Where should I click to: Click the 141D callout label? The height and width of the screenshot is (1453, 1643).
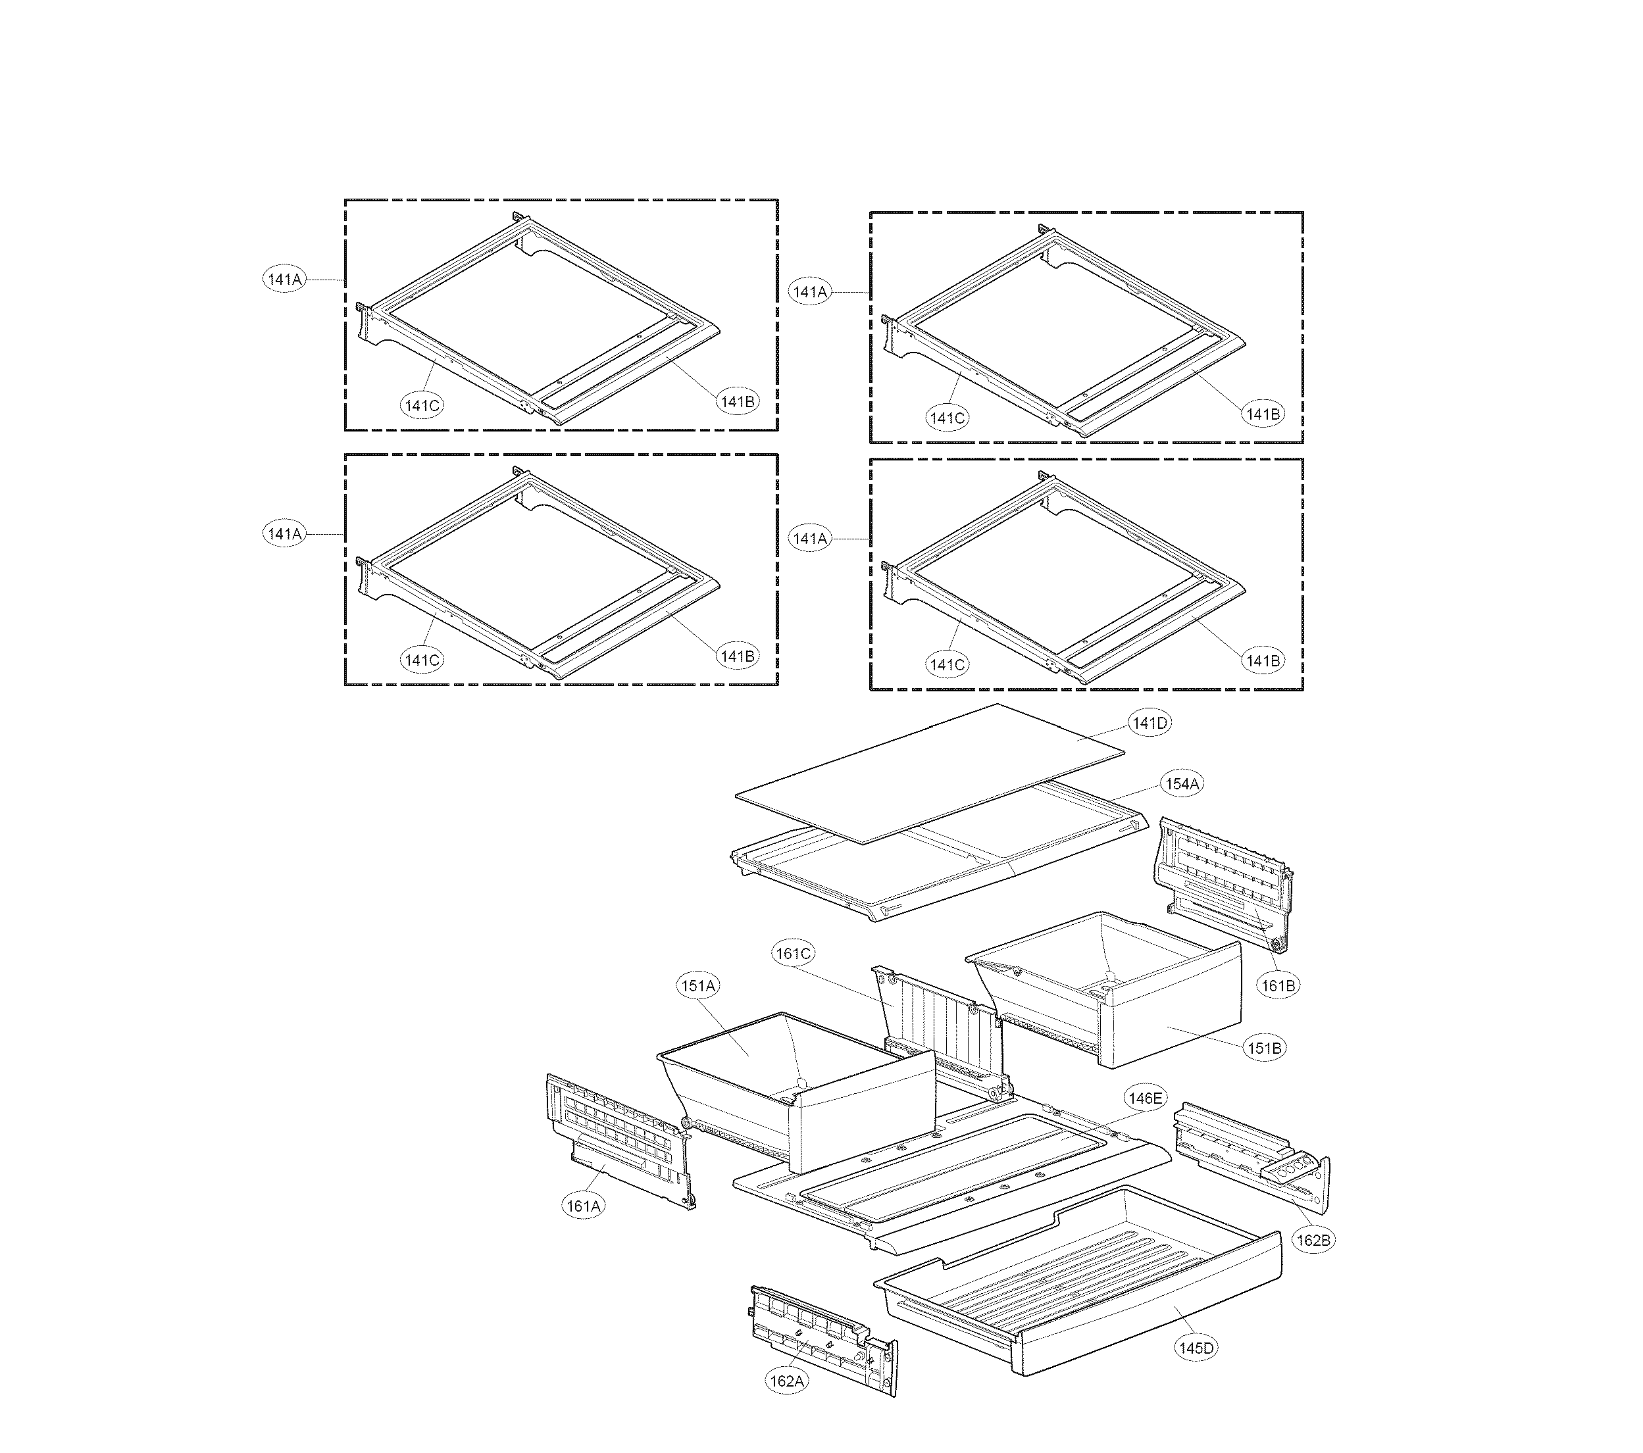coord(1150,724)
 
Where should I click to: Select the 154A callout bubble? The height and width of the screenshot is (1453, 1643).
coord(1182,783)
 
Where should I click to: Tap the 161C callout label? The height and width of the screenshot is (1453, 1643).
coord(794,953)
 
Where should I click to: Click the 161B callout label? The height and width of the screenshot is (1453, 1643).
coord(1278,985)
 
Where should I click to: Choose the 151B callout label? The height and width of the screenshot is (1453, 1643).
coord(1265,1048)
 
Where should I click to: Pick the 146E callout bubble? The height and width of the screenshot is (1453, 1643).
coord(1145,1098)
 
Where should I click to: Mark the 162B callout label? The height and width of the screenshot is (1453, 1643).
coord(1313,1241)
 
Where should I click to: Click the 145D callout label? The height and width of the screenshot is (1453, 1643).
coord(1196,1348)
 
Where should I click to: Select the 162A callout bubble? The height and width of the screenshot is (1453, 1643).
coord(786,1381)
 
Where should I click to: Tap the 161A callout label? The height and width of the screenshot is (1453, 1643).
coord(584,1206)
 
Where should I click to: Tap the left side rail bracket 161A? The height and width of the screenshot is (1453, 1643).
coord(619,1141)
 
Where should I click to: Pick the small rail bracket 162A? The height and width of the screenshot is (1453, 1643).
coord(820,1334)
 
